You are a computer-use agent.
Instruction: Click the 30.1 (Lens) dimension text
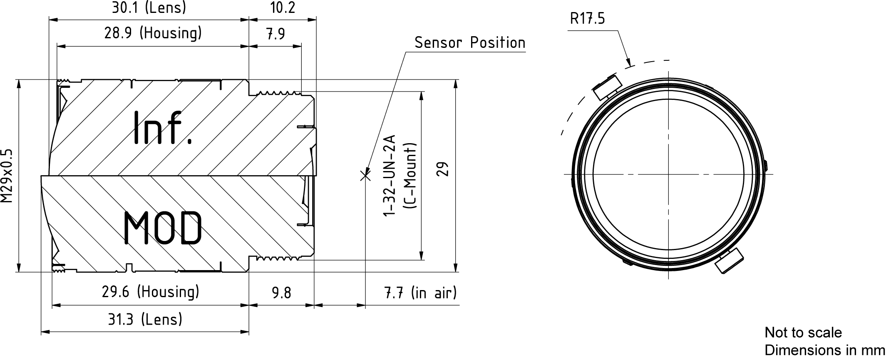[x=149, y=7]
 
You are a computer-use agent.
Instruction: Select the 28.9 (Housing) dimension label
[x=153, y=33]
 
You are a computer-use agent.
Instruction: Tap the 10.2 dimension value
[x=283, y=7]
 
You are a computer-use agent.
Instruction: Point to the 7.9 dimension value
[x=275, y=34]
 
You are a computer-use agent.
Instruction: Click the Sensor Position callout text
[x=470, y=42]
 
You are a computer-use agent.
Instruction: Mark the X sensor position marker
[x=365, y=176]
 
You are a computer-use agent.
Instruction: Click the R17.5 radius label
[x=587, y=19]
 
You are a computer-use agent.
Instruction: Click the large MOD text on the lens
[x=163, y=227]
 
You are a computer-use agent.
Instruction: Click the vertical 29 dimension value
[x=444, y=169]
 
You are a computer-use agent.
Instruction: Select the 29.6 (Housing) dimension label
[x=151, y=292]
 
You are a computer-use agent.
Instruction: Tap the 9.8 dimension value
[x=281, y=293]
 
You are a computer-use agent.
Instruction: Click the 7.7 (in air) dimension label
[x=420, y=293]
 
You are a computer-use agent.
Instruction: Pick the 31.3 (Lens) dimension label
[x=145, y=320]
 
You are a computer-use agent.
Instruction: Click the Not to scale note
[x=803, y=333]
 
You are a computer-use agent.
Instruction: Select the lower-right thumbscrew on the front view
[x=730, y=261]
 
